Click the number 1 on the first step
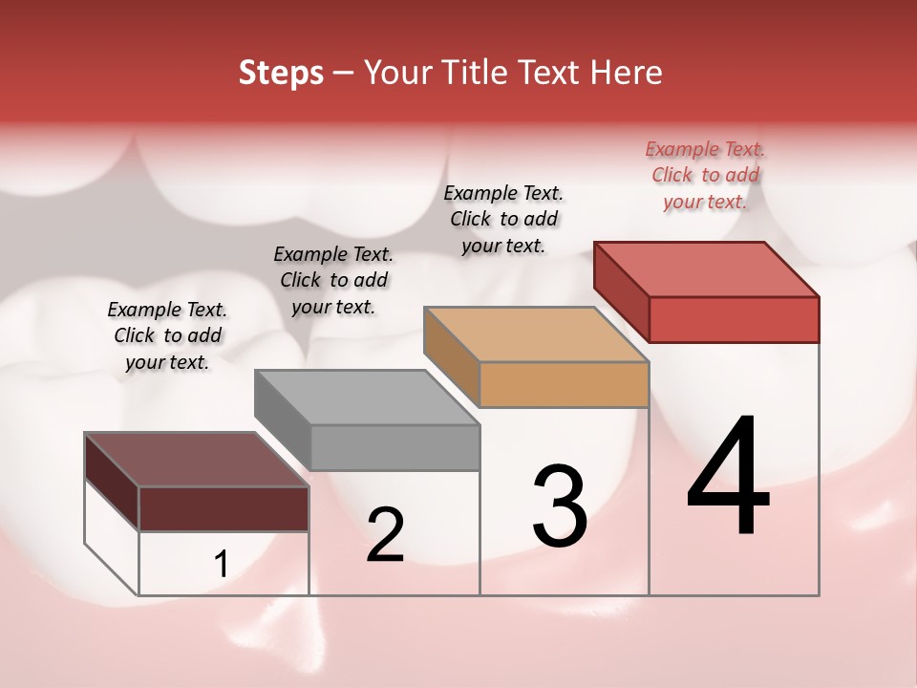pyautogui.click(x=222, y=565)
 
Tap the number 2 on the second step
pyautogui.click(x=385, y=535)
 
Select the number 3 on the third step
pyautogui.click(x=560, y=506)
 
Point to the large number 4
pyautogui.click(x=728, y=478)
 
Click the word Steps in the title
pyautogui.click(x=281, y=73)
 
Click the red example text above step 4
pyautogui.click(x=705, y=176)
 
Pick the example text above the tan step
pyautogui.click(x=503, y=219)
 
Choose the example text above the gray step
pyautogui.click(x=333, y=280)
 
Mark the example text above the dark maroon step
pyautogui.click(x=167, y=335)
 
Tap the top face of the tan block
pyautogui.click(x=537, y=334)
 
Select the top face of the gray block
pyautogui.click(x=367, y=398)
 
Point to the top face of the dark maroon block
pyautogui.click(x=197, y=460)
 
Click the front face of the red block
pyautogui.click(x=734, y=319)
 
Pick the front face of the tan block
pyautogui.click(x=564, y=384)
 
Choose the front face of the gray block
pyautogui.click(x=395, y=447)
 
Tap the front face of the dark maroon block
pyautogui.click(x=224, y=508)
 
